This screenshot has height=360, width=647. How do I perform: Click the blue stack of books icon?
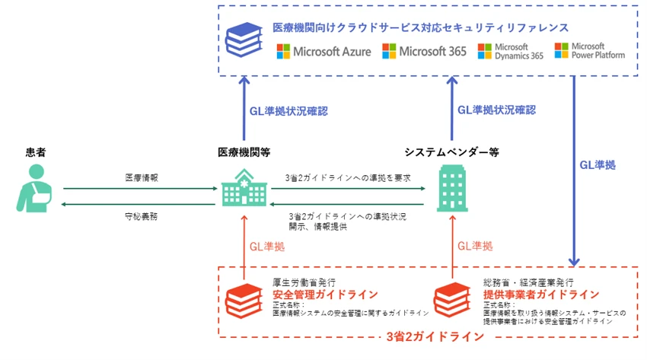point(244,38)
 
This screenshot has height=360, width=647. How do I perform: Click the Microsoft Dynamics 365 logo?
point(510,52)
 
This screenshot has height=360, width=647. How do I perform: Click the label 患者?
point(33,151)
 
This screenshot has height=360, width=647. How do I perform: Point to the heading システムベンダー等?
point(451,151)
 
